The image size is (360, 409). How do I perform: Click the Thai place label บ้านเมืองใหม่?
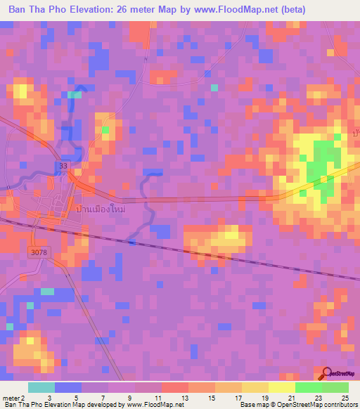coord(98,209)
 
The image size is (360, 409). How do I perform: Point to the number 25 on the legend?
coord(345,398)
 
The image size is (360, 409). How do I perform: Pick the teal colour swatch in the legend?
coord(41,387)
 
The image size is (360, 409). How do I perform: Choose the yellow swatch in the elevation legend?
coord(281,387)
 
